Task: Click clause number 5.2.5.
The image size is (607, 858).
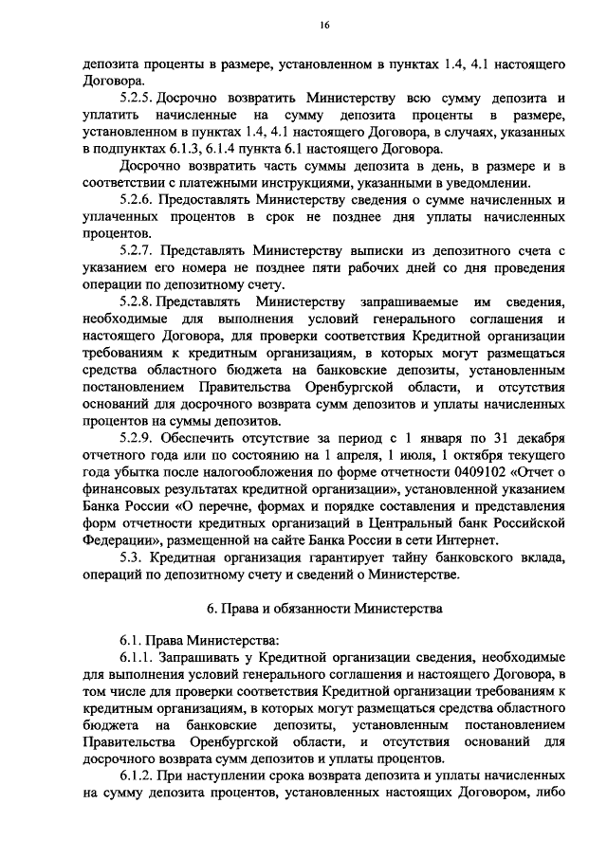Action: [136, 99]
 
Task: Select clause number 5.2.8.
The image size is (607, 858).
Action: [136, 302]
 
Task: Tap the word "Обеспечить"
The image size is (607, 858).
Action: [207, 439]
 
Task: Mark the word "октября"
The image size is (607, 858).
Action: [442, 456]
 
